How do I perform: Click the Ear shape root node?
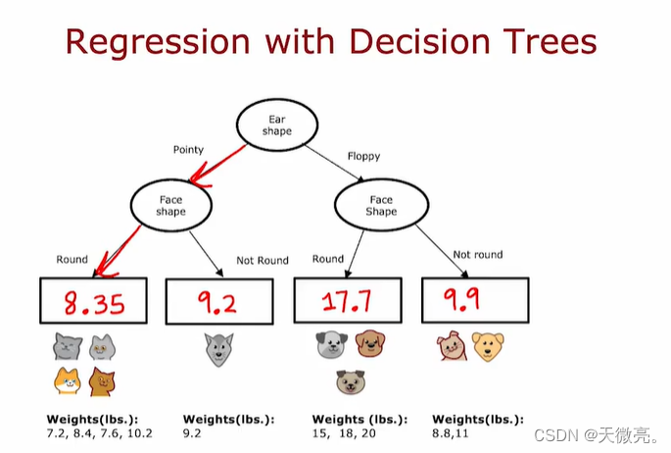[276, 126]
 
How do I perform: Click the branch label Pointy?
[188, 150]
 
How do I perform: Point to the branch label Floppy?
[364, 156]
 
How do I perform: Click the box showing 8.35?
[94, 300]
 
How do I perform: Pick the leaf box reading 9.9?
[474, 299]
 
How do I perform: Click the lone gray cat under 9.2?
[217, 348]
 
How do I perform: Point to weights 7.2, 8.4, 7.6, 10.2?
[99, 431]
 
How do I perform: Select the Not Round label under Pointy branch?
[263, 261]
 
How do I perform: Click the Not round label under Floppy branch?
[477, 255]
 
